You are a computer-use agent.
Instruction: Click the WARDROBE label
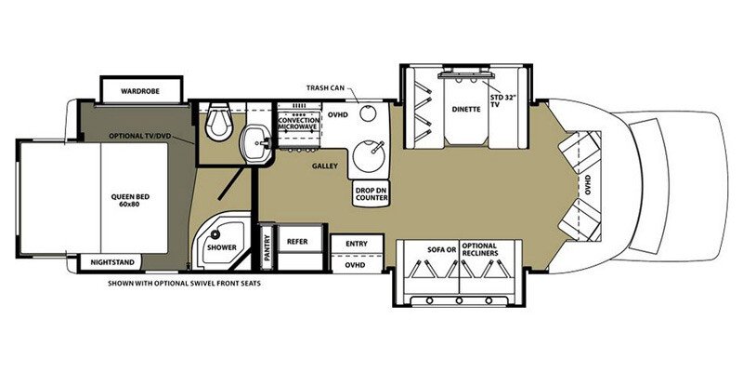140,90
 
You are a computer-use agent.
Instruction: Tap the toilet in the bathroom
218,121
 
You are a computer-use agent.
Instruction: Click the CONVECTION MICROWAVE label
298,123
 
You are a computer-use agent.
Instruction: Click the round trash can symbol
367,113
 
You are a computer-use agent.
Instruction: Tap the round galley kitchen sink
369,156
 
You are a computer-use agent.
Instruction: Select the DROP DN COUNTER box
371,193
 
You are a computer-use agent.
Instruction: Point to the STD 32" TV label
501,101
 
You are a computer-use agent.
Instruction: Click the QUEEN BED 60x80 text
126,201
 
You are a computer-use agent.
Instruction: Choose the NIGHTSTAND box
109,262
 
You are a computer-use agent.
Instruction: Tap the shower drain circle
216,234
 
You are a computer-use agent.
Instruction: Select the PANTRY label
267,247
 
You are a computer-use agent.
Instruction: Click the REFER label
297,242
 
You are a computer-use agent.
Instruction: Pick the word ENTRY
357,244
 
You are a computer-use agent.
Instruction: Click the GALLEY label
324,166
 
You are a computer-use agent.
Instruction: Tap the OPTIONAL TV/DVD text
140,136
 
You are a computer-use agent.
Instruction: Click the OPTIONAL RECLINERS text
480,249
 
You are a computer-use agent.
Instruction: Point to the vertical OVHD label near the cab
588,185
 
